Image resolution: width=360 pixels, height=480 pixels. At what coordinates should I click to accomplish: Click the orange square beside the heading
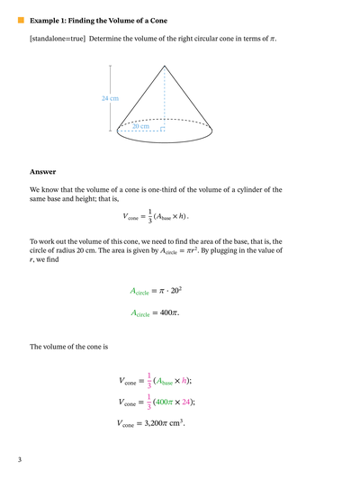20,19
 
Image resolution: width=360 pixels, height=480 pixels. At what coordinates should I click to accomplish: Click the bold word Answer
42,171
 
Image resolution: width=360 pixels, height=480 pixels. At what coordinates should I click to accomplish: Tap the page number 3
19,460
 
